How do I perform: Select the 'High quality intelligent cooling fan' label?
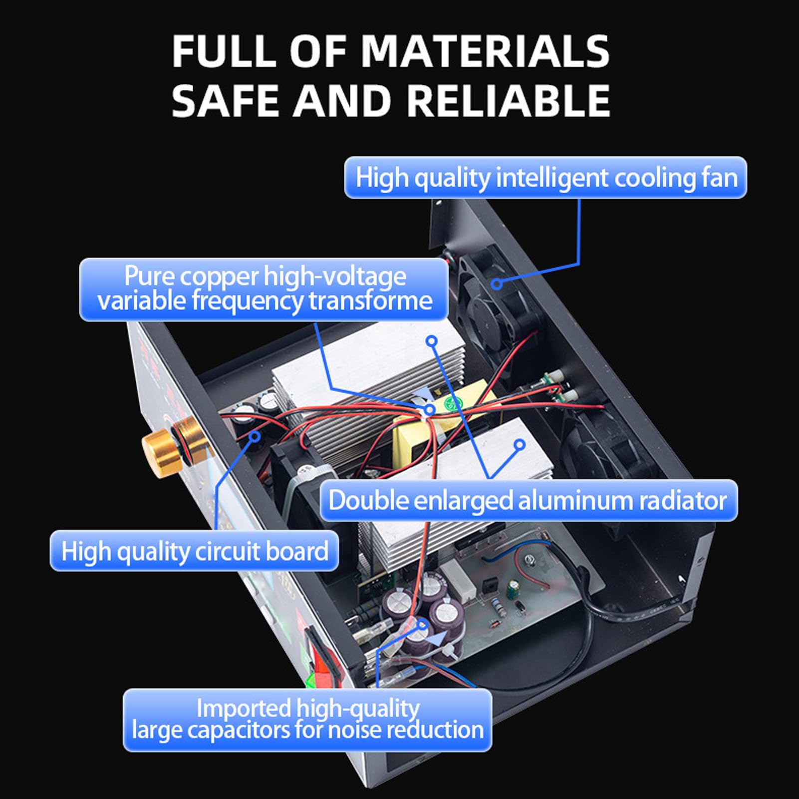(x=545, y=178)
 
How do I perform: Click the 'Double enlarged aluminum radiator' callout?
(x=528, y=500)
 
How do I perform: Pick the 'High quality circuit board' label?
(x=194, y=551)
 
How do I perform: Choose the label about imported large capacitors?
(x=307, y=720)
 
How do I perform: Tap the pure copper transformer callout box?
(x=264, y=289)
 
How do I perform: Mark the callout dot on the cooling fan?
(x=497, y=283)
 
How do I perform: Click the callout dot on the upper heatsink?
(x=432, y=341)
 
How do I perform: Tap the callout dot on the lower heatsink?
(x=520, y=444)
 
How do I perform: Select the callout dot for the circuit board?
(x=255, y=436)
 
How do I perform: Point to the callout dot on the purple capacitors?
(x=422, y=624)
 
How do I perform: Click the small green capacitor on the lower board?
(x=512, y=588)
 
